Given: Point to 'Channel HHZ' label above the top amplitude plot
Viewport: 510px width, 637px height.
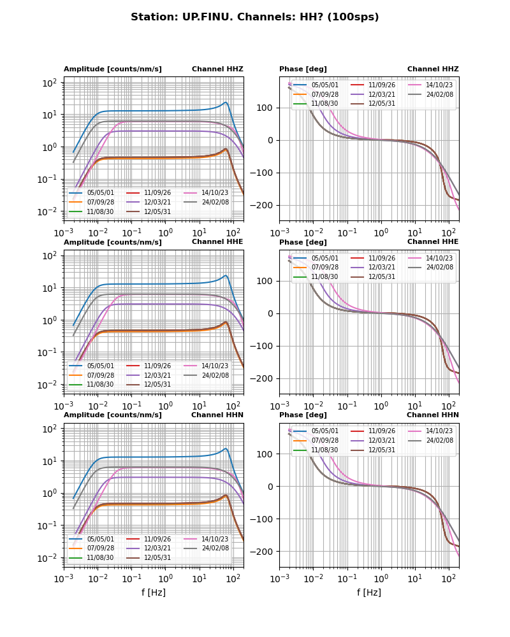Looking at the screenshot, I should pyautogui.click(x=217, y=69).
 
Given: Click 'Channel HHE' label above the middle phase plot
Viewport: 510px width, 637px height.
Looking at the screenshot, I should pyautogui.click(x=433, y=242).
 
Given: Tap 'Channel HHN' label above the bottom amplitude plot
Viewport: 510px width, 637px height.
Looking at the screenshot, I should pyautogui.click(x=217, y=415).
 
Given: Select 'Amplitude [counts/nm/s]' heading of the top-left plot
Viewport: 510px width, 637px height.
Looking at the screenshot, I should pyautogui.click(x=113, y=69).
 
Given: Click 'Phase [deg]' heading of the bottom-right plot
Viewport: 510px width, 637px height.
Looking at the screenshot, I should pyautogui.click(x=303, y=415).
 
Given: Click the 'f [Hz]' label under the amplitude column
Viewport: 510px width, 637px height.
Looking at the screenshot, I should pyautogui.click(x=154, y=592).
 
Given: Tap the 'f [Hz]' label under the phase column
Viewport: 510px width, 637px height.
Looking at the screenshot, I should pyautogui.click(x=369, y=592).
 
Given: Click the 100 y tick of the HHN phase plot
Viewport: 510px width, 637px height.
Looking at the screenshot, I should pyautogui.click(x=267, y=454).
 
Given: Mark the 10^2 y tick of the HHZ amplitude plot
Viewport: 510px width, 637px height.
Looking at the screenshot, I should pyautogui.click(x=50, y=83).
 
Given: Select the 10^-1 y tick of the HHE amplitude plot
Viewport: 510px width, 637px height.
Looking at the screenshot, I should pyautogui.click(x=50, y=352).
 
